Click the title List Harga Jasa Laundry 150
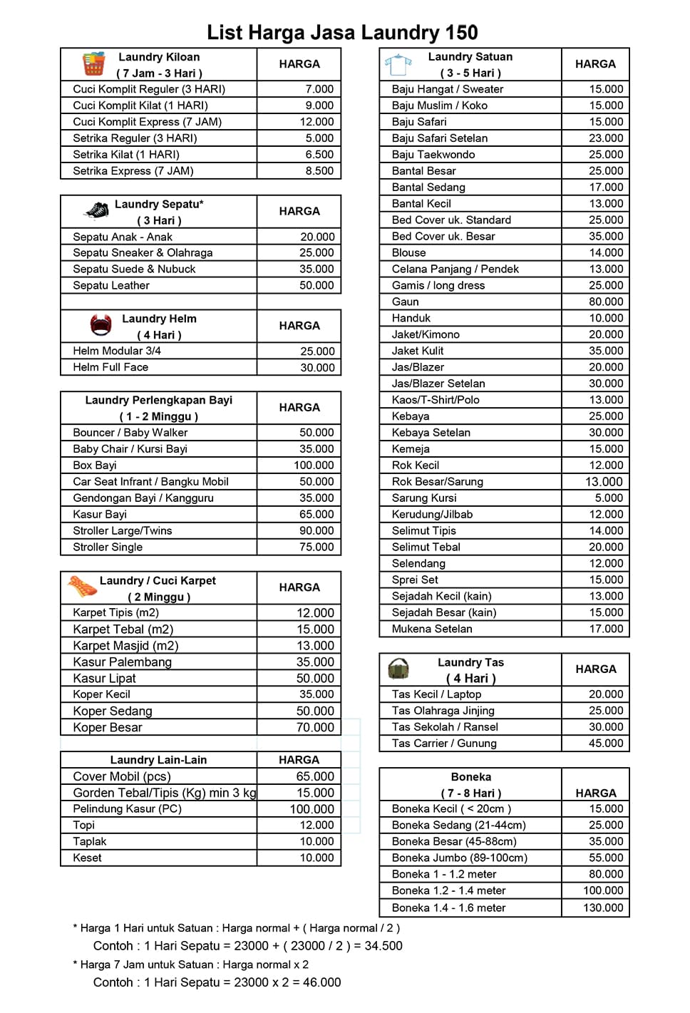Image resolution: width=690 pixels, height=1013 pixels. (342, 32)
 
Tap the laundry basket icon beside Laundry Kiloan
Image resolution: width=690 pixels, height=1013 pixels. (93, 64)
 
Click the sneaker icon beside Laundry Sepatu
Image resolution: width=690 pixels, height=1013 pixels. (96, 211)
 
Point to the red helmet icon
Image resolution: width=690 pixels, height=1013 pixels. (101, 325)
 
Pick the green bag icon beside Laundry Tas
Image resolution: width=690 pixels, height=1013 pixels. (398, 669)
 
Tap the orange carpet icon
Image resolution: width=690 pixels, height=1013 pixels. (82, 587)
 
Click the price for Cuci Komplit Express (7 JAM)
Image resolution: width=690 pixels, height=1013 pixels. (316, 122)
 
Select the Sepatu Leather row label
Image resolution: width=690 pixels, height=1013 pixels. (111, 285)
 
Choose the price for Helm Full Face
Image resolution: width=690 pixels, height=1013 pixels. (317, 368)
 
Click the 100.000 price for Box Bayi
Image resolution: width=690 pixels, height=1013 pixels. (314, 466)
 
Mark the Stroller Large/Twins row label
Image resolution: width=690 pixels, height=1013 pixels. (123, 531)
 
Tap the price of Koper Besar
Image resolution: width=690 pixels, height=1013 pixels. (315, 728)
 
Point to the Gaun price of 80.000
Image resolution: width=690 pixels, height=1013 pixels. (606, 302)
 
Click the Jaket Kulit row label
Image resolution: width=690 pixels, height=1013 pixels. (418, 351)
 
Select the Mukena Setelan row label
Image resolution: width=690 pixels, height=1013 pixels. (432, 629)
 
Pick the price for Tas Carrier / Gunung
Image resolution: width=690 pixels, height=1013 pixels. (606, 744)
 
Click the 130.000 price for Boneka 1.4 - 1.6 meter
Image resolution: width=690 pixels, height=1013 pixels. (603, 908)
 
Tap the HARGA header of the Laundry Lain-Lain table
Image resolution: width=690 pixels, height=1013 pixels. (299, 760)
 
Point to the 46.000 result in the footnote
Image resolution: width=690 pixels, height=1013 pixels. (322, 982)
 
